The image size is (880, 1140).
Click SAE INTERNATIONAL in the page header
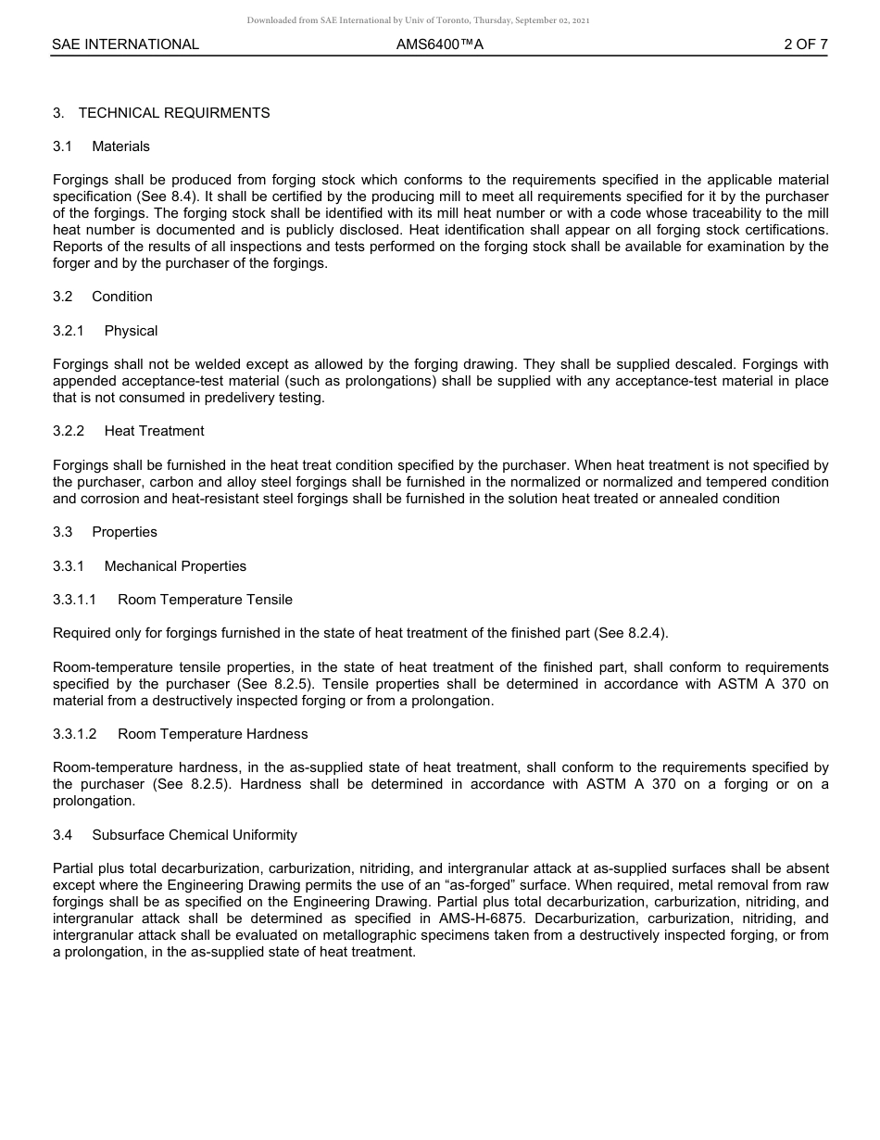(x=125, y=44)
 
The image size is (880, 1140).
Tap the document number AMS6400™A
(x=439, y=44)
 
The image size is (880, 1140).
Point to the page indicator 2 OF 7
(x=805, y=44)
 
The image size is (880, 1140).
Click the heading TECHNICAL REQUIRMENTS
(x=174, y=113)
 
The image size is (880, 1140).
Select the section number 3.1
(x=62, y=146)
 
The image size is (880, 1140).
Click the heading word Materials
(x=120, y=146)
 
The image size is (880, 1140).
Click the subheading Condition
(x=122, y=297)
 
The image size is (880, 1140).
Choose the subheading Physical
(x=131, y=331)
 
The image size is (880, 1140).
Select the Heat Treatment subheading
(x=154, y=431)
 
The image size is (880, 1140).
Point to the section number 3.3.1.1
(x=74, y=600)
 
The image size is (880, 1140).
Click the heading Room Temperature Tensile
(x=205, y=600)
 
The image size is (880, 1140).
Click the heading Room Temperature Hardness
(x=212, y=734)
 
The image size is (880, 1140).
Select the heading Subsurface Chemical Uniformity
(x=195, y=835)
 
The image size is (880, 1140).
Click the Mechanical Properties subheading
(x=175, y=566)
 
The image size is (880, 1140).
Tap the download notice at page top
(x=418, y=20)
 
